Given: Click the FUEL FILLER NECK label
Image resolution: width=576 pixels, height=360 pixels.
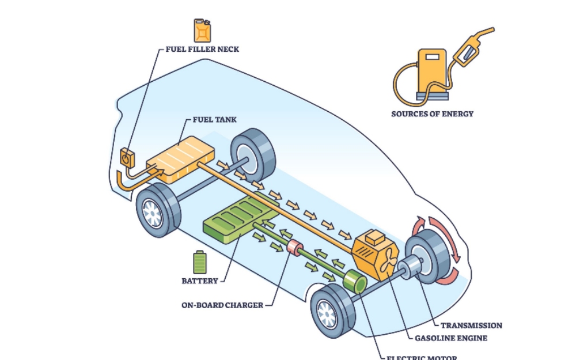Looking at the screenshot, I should tap(202, 50).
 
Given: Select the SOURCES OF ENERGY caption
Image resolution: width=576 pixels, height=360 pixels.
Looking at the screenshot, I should tap(432, 113).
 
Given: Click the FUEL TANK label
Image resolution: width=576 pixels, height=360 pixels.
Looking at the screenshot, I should tap(214, 120).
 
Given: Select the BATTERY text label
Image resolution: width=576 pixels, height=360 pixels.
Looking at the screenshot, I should tap(200, 281).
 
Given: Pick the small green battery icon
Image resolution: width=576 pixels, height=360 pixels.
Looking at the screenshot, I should tap(199, 263).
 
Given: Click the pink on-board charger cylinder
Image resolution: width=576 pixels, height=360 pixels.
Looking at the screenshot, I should tap(295, 248).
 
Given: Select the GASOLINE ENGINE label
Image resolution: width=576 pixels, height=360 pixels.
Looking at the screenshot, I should tap(451, 338).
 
